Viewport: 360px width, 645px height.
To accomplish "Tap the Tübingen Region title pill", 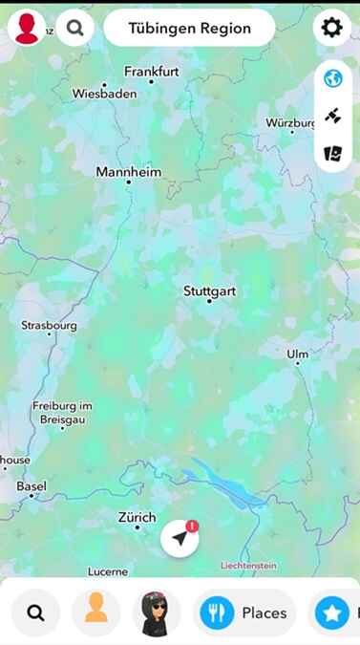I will coord(189,28).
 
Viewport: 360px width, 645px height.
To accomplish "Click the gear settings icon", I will coord(331,28).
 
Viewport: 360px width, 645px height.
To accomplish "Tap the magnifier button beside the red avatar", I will coord(74,28).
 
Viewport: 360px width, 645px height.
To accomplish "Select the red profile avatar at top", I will coord(28,28).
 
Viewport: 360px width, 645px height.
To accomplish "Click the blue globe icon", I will coord(332,78).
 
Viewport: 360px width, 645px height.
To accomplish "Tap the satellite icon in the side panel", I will coord(332,116).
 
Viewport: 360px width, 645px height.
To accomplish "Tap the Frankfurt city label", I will coord(152,72).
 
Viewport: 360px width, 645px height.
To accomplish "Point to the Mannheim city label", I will coord(128,173).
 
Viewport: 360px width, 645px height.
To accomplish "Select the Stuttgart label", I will coord(209,291).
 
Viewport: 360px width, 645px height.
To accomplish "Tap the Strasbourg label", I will coord(49,326).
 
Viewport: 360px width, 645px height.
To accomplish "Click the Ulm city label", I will coord(297,355).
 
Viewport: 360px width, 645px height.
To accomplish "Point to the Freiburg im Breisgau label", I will coord(62,412).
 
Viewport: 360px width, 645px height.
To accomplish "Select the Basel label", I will coord(32,486).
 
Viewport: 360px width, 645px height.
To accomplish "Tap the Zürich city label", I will coord(137,517).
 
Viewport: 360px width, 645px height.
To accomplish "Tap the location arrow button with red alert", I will coord(180,539).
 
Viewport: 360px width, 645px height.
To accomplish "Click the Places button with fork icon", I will coord(244,613).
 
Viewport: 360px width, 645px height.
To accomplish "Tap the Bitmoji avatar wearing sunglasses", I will coord(156,613).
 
